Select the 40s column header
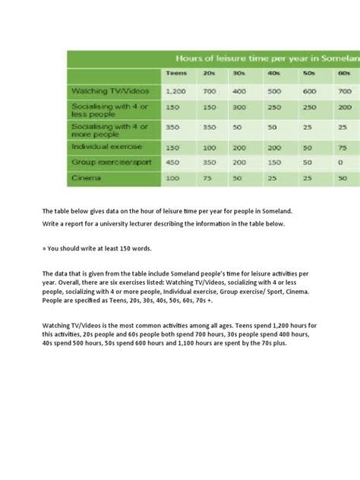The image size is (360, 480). (274, 73)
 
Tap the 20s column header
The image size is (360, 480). (210, 73)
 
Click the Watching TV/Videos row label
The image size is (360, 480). (106, 90)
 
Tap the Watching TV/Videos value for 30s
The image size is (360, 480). (240, 90)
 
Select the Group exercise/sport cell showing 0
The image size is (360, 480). (343, 161)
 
